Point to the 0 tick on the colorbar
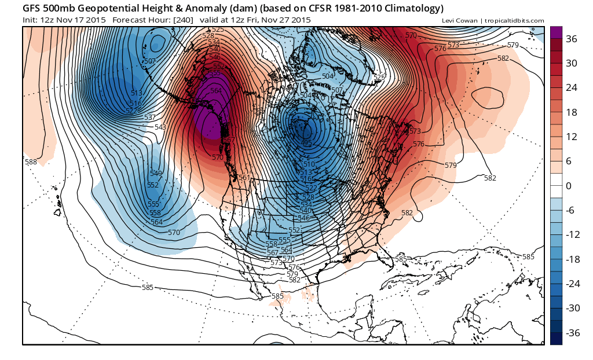click(569, 186)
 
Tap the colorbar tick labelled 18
click(572, 112)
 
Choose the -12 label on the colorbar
click(572, 234)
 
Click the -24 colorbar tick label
click(572, 284)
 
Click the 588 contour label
click(31, 162)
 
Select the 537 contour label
click(150, 117)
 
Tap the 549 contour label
click(156, 174)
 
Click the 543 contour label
click(160, 127)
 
